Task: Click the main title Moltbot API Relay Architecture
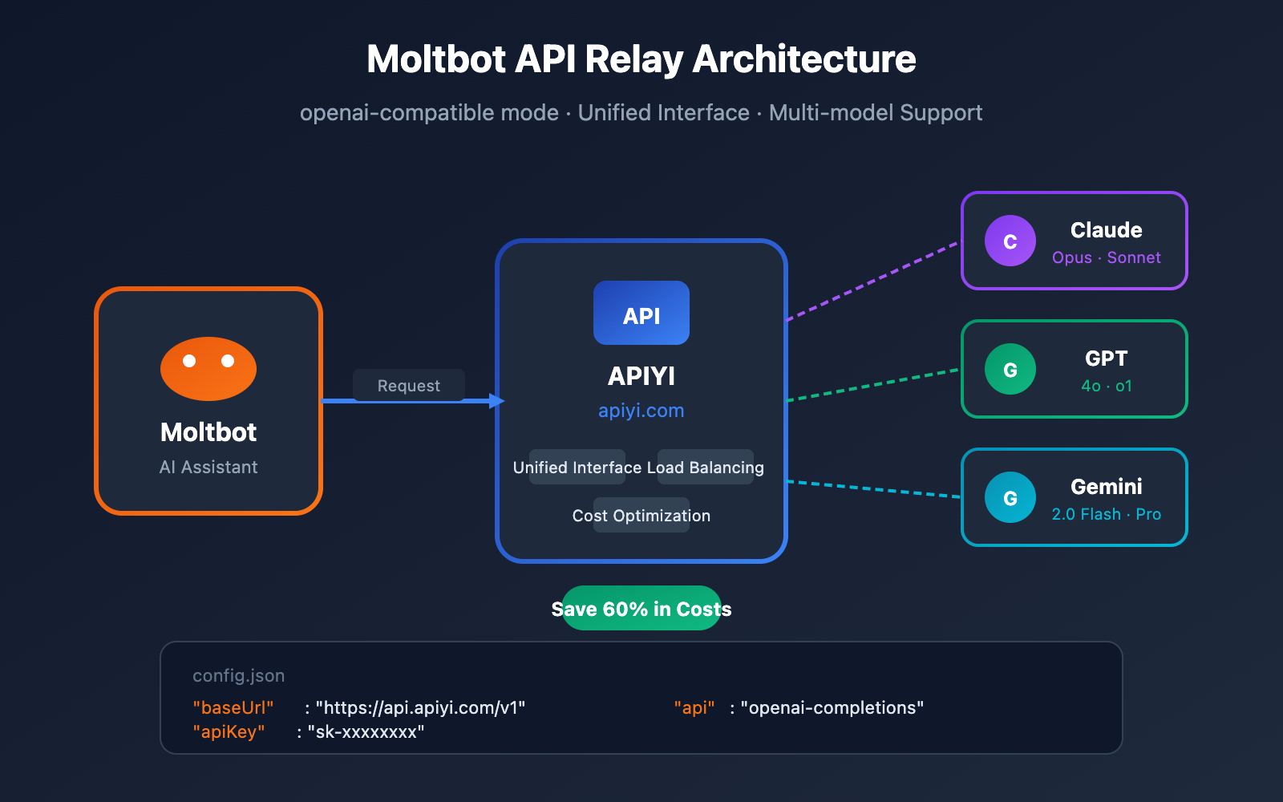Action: pyautogui.click(x=641, y=59)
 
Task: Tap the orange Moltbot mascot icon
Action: pyautogui.click(x=208, y=368)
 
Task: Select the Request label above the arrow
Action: pyautogui.click(x=408, y=386)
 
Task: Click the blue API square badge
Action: pyautogui.click(x=641, y=314)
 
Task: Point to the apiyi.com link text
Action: pyautogui.click(x=641, y=411)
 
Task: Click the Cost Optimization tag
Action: pyautogui.click(x=641, y=516)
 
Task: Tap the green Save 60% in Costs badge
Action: pyautogui.click(x=641, y=609)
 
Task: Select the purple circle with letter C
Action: pyautogui.click(x=1010, y=241)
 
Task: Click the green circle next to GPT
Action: pyautogui.click(x=1010, y=369)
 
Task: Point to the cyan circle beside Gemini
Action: pyautogui.click(x=1010, y=497)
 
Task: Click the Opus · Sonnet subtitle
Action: pyautogui.click(x=1106, y=257)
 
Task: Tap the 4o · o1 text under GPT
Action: pyautogui.click(x=1106, y=386)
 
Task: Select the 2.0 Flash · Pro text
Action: pyautogui.click(x=1106, y=514)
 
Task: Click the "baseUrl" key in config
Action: pyautogui.click(x=233, y=707)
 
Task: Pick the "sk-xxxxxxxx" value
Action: pyautogui.click(x=366, y=731)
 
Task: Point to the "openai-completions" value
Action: pyautogui.click(x=832, y=707)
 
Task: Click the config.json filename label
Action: pyautogui.click(x=238, y=675)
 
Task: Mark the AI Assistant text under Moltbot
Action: pyautogui.click(x=208, y=467)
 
